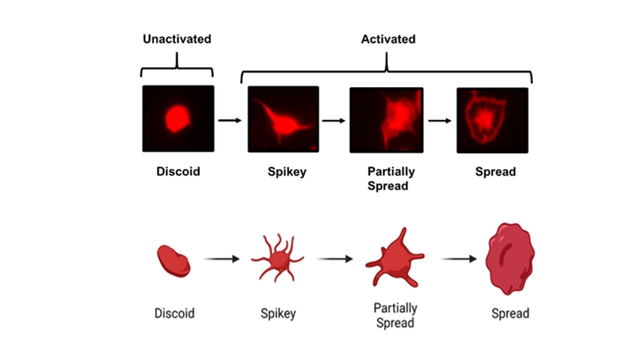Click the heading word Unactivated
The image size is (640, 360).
(177, 39)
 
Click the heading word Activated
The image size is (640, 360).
(388, 39)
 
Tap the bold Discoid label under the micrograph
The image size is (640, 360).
(178, 172)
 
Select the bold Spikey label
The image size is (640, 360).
(286, 172)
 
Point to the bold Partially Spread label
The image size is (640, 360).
(390, 178)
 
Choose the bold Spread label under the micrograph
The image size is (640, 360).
(495, 172)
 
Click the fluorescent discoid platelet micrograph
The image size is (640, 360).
(178, 118)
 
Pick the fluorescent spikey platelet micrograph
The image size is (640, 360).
(283, 119)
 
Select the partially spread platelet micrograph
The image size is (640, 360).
(386, 120)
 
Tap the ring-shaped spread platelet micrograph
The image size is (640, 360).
(492, 120)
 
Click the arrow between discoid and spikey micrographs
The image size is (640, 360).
(230, 120)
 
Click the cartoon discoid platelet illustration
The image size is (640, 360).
(174, 260)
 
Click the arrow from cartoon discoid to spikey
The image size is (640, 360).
(222, 259)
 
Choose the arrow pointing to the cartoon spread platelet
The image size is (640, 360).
(459, 259)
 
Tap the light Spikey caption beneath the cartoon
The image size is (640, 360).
(278, 314)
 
